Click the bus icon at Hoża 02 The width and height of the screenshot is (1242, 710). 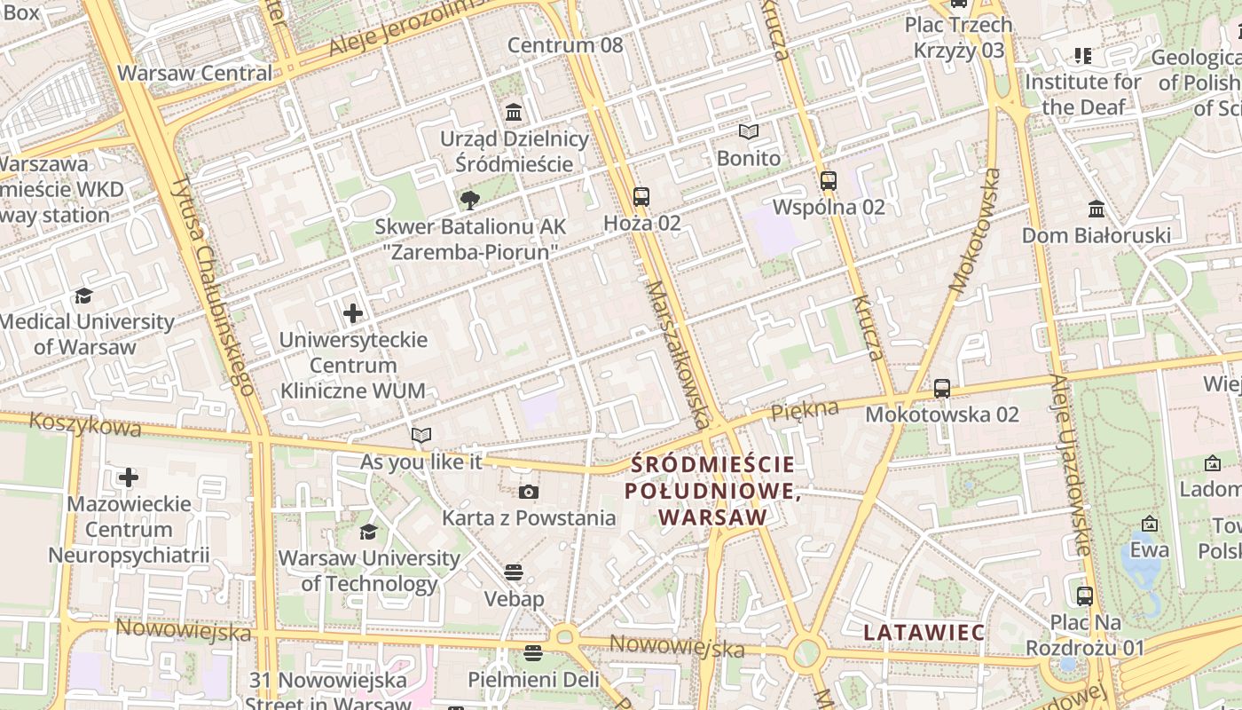(641, 197)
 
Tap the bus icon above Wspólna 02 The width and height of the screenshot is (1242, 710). (829, 181)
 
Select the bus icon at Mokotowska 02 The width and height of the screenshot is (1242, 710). (942, 389)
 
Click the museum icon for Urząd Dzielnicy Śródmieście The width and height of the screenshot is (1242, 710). (514, 113)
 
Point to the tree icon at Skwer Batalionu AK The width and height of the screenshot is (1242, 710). (469, 201)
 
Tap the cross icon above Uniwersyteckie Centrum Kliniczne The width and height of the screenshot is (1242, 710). (353, 313)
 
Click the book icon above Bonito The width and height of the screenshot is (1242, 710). (749, 132)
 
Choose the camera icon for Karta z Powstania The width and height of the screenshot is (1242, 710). (529, 492)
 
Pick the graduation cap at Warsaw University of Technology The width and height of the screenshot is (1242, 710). (368, 532)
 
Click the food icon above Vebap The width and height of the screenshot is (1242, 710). (514, 572)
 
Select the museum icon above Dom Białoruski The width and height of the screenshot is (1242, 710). (1097, 209)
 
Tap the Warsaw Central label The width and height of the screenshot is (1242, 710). (195, 73)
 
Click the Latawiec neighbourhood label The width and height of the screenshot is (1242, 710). (924, 633)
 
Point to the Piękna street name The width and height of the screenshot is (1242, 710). (805, 411)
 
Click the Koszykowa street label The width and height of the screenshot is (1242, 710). (85, 425)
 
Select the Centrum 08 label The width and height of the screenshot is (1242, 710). (565, 44)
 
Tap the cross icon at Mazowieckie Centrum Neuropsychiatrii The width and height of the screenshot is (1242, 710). (129, 478)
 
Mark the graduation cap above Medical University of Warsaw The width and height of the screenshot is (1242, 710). (83, 296)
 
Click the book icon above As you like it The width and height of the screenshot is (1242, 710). (421, 435)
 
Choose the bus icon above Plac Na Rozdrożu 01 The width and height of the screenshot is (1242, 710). (1085, 596)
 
